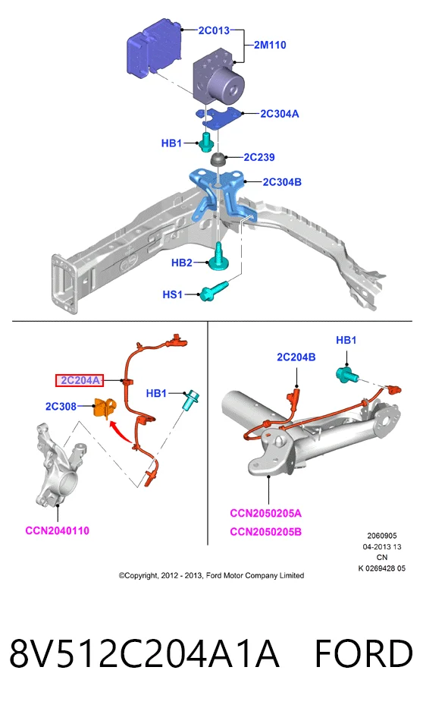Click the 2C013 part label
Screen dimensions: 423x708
214,30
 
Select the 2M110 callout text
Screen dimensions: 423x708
270,46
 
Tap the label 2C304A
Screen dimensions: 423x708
280,114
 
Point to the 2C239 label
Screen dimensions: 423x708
259,157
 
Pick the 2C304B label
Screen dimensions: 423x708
282,182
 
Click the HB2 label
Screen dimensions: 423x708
182,263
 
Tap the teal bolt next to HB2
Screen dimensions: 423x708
219,257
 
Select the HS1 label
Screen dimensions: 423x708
173,294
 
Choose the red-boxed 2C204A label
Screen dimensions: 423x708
80,381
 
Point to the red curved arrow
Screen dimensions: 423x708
120,430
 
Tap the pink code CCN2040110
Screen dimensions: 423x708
58,530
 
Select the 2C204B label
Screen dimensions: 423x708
296,357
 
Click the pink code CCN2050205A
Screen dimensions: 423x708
265,514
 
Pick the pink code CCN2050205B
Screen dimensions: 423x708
265,532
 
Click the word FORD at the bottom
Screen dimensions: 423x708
363,654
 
